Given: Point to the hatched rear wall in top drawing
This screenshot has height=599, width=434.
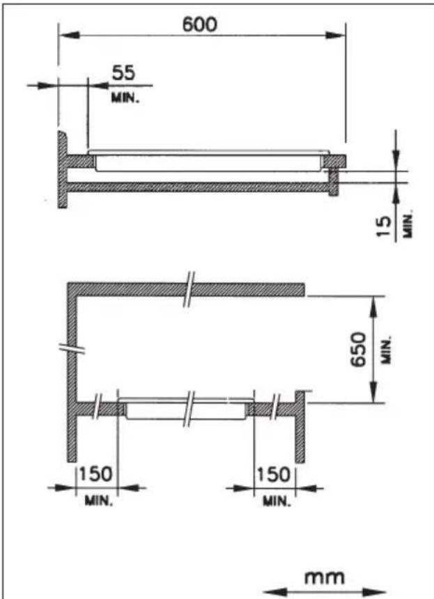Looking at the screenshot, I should [x=62, y=171].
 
